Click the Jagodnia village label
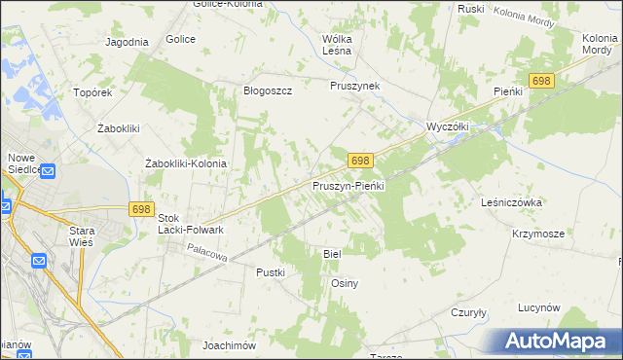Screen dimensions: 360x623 127,42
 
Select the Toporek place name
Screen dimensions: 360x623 93,93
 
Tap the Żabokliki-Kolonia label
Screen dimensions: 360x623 185,163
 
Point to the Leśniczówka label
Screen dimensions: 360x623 511,202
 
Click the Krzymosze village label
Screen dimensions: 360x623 538,234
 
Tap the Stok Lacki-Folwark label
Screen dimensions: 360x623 191,224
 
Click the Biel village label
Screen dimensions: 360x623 332,253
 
